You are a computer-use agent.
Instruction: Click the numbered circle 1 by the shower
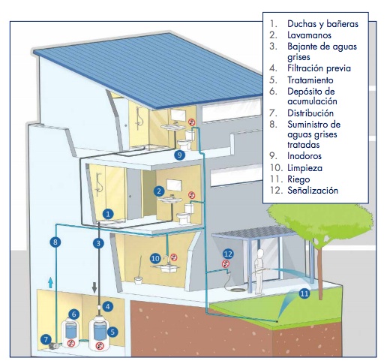108,214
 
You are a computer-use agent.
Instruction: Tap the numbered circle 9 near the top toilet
179,155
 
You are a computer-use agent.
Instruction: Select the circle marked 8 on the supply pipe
55,242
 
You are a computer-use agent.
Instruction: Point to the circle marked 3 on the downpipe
98,243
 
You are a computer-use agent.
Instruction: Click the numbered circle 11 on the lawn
304,293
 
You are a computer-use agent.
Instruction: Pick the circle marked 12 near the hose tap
228,254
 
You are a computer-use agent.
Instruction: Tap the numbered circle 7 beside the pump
46,340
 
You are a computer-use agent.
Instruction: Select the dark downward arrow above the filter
94,287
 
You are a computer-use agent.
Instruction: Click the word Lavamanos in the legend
309,35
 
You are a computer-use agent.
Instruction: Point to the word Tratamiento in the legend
310,80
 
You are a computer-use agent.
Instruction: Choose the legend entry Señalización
313,191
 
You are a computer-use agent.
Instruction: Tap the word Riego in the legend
298,179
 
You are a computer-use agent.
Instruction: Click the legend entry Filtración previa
319,68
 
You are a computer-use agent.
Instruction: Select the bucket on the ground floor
138,280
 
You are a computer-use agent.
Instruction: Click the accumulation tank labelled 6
70,332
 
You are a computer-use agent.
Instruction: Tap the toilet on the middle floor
185,214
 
